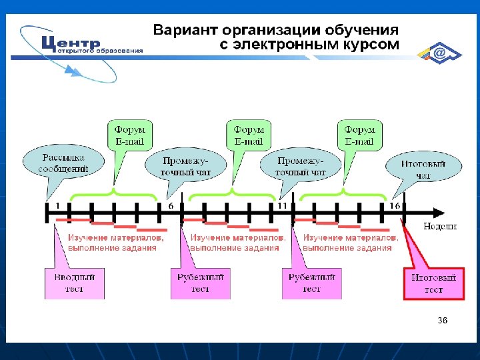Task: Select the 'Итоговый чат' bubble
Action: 424,169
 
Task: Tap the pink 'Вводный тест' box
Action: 75,283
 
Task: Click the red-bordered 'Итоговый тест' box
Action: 434,284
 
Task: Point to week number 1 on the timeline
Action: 57,206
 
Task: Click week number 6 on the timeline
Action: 171,206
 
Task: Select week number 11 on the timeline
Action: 282,206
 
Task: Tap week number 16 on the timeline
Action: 395,206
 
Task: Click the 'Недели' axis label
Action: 440,226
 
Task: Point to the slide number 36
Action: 443,321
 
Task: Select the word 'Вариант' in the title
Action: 186,31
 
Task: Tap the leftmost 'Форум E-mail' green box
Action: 130,135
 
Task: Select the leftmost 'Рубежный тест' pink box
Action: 201,283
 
